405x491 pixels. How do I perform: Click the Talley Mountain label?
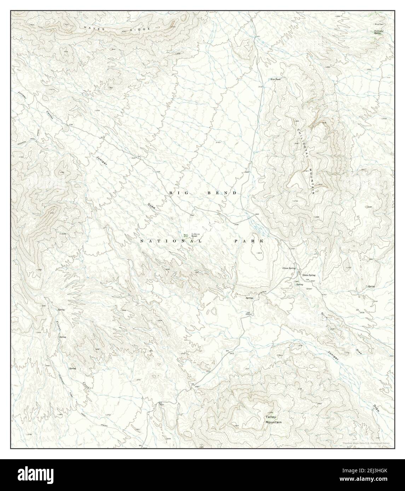coord(274,420)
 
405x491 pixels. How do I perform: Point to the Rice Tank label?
coord(275,79)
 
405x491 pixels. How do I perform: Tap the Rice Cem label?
coord(379,24)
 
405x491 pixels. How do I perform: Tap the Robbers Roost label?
coord(196,235)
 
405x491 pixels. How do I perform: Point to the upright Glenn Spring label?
coord(308,275)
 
